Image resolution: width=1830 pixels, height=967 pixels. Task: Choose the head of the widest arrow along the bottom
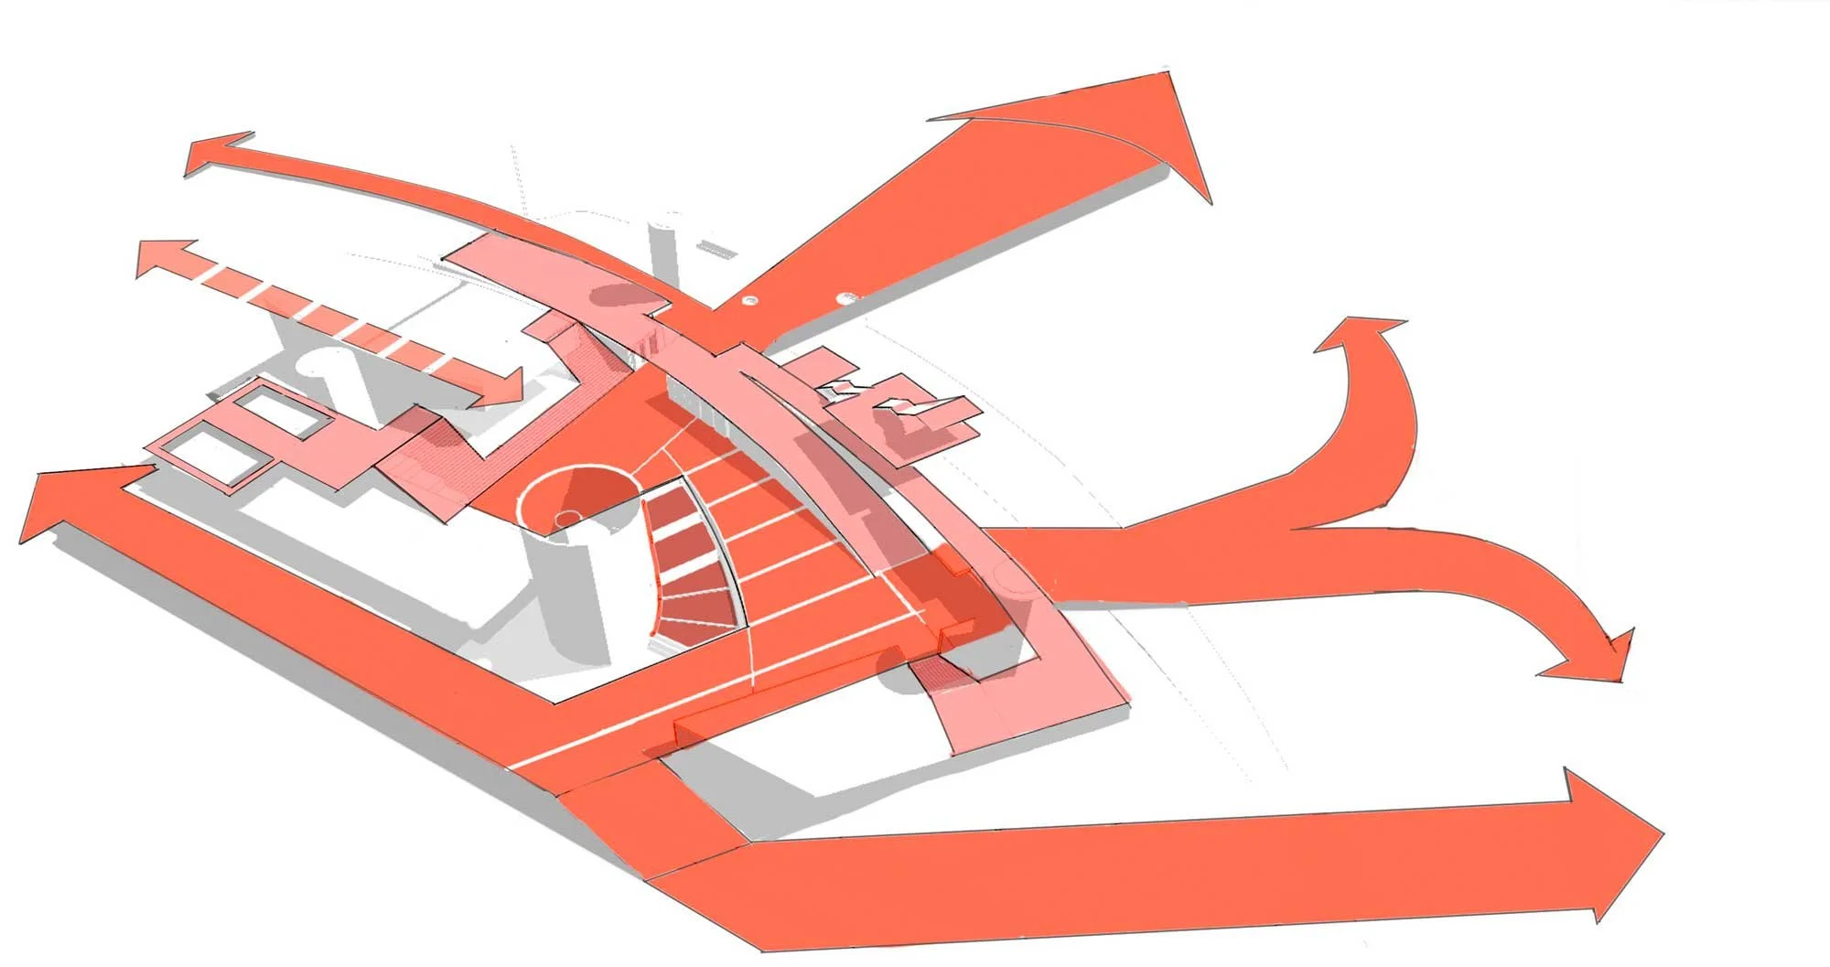click(1610, 842)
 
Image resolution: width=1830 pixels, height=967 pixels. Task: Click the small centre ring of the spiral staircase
click(566, 519)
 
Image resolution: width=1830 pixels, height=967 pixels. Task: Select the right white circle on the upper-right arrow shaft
click(848, 296)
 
